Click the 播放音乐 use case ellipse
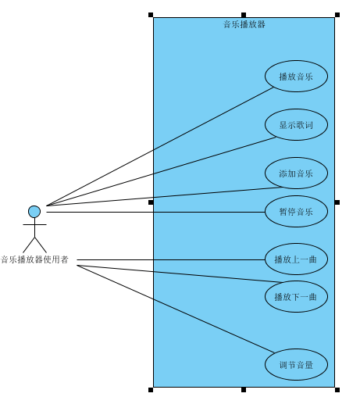click(296, 76)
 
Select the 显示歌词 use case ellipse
click(296, 124)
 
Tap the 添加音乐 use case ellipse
click(296, 173)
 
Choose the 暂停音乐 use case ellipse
click(296, 211)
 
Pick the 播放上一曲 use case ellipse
click(296, 259)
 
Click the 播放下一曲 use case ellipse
click(296, 296)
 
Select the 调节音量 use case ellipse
click(296, 364)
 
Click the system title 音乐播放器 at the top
click(244, 24)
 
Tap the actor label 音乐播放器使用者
click(34, 259)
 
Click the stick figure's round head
click(34, 212)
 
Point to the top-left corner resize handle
click(151, 15)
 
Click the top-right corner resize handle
click(337, 15)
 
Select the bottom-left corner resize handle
click(151, 390)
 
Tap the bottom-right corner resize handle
click(337, 390)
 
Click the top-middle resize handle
click(244, 15)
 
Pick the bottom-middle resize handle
click(244, 390)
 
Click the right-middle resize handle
click(337, 202)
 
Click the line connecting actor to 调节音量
click(176, 309)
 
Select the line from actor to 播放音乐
click(160, 147)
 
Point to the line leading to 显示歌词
click(161, 172)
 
